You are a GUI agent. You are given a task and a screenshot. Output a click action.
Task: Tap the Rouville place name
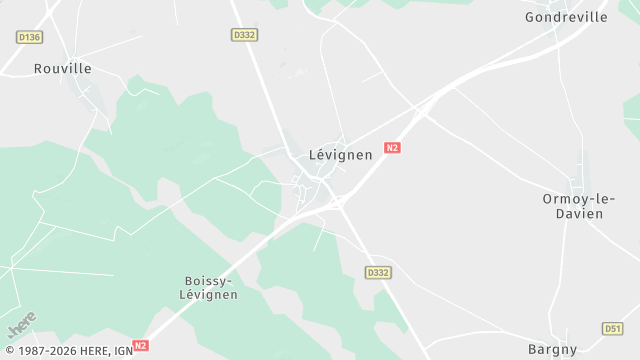[62, 69]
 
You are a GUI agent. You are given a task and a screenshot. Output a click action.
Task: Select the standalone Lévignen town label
[340, 155]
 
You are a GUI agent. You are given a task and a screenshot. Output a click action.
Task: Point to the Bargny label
[552, 349]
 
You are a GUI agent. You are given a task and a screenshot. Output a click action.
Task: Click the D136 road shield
[30, 37]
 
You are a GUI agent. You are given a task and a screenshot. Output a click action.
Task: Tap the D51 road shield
[613, 328]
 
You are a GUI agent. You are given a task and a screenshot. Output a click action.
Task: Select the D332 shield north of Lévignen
[244, 35]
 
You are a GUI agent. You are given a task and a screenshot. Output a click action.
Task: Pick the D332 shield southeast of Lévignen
[377, 272]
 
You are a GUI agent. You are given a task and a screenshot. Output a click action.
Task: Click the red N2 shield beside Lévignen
[392, 148]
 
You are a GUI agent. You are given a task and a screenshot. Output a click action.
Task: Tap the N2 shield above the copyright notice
[140, 346]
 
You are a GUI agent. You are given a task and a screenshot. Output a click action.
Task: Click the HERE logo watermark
[22, 324]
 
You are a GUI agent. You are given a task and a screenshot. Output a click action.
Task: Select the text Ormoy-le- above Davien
[573, 199]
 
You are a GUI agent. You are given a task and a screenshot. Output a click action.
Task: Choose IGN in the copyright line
[122, 351]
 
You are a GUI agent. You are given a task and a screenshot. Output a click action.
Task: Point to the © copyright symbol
[7, 351]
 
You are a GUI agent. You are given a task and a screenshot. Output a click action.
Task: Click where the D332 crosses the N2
[337, 202]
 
